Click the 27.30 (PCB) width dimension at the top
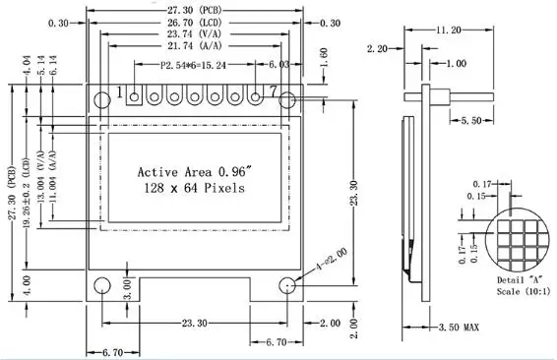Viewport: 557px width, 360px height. point(194,11)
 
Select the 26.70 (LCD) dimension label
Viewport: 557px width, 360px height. point(194,23)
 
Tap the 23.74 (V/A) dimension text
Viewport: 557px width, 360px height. point(194,34)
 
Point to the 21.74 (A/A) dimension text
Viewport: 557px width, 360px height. point(194,46)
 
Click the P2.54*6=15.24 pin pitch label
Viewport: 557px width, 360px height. point(193,65)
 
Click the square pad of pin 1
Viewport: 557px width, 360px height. point(134,95)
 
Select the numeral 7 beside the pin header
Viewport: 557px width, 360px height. point(273,91)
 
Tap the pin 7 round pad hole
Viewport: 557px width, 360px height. point(256,96)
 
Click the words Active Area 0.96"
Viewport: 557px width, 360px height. point(195,172)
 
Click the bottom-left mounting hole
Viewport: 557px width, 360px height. point(102,285)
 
